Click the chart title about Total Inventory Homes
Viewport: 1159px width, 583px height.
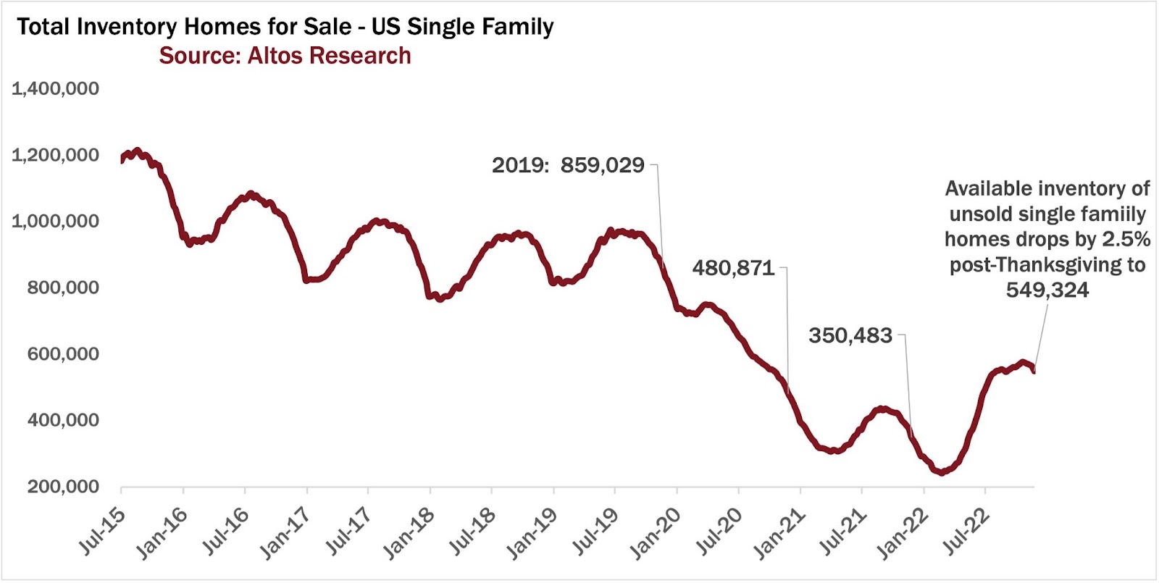pos(285,27)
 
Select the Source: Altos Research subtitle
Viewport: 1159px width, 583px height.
pos(285,56)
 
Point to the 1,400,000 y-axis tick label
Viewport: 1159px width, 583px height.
pos(55,89)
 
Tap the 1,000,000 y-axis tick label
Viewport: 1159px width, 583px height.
pos(55,222)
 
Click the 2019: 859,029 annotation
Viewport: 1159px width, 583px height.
pos(568,165)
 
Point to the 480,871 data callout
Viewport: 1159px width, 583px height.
pos(733,269)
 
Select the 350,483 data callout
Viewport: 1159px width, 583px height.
pos(850,335)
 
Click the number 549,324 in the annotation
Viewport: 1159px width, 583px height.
pos(1047,290)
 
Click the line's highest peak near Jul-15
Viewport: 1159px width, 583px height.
pos(138,151)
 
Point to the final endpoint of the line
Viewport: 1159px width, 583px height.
pos(1034,371)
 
